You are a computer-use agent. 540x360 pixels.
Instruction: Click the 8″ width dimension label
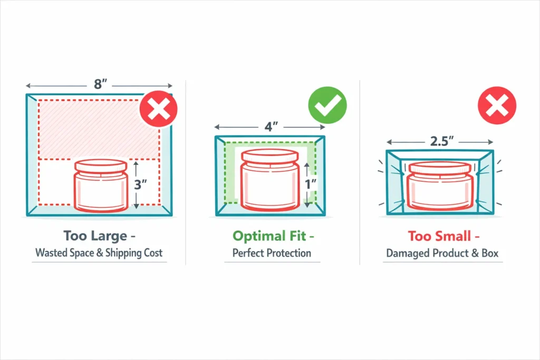click(100, 84)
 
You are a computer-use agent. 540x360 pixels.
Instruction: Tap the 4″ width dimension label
click(271, 128)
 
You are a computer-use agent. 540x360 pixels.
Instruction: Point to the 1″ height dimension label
click(311, 184)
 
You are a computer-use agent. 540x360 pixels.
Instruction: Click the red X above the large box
click(158, 110)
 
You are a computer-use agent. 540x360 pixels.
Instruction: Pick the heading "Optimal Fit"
click(268, 235)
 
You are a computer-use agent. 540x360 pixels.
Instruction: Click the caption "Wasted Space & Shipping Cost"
click(99, 253)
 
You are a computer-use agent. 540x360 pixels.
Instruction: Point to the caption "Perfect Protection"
click(272, 253)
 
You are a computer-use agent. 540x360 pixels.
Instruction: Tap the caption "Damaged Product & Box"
click(442, 253)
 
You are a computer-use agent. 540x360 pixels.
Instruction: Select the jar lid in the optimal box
click(269, 157)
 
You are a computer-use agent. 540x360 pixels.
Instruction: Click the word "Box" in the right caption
click(489, 253)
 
